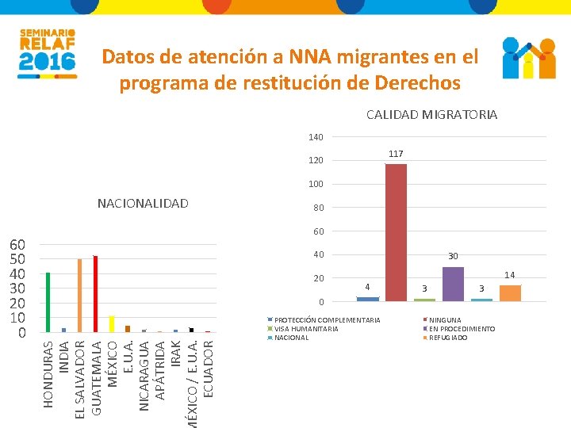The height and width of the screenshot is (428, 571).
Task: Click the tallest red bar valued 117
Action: coord(396,232)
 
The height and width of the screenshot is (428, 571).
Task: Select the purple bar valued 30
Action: coord(453,284)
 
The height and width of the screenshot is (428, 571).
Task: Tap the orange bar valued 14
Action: coord(510,292)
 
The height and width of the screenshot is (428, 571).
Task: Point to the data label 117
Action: coord(396,153)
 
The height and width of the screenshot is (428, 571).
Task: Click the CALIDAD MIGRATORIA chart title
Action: coord(431,115)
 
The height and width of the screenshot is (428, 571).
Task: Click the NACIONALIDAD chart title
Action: coord(143,204)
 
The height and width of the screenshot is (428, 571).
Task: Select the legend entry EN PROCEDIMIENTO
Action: coord(462,329)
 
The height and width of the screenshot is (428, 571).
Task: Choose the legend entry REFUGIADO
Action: coord(450,338)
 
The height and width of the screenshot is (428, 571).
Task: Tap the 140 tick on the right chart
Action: coord(316,138)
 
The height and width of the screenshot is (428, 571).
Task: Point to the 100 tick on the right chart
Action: coord(316,185)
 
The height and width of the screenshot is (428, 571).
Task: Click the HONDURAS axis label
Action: coord(48,374)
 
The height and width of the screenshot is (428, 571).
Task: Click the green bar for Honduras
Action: coord(48,302)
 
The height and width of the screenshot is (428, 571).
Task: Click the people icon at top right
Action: coord(529,58)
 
